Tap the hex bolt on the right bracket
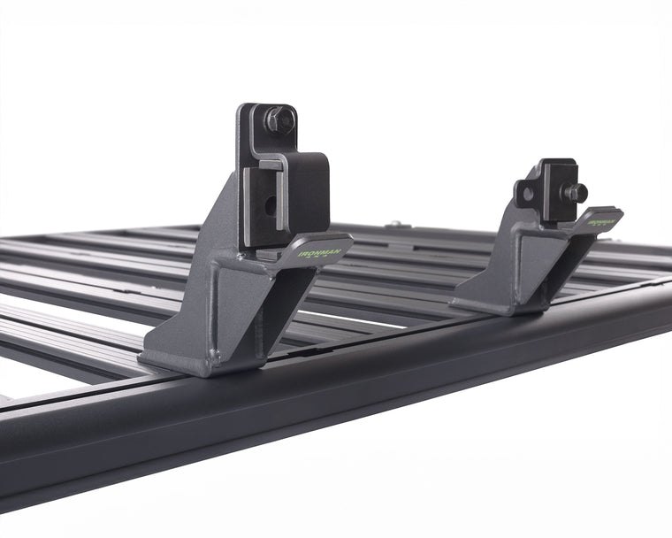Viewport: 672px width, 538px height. (575, 192)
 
